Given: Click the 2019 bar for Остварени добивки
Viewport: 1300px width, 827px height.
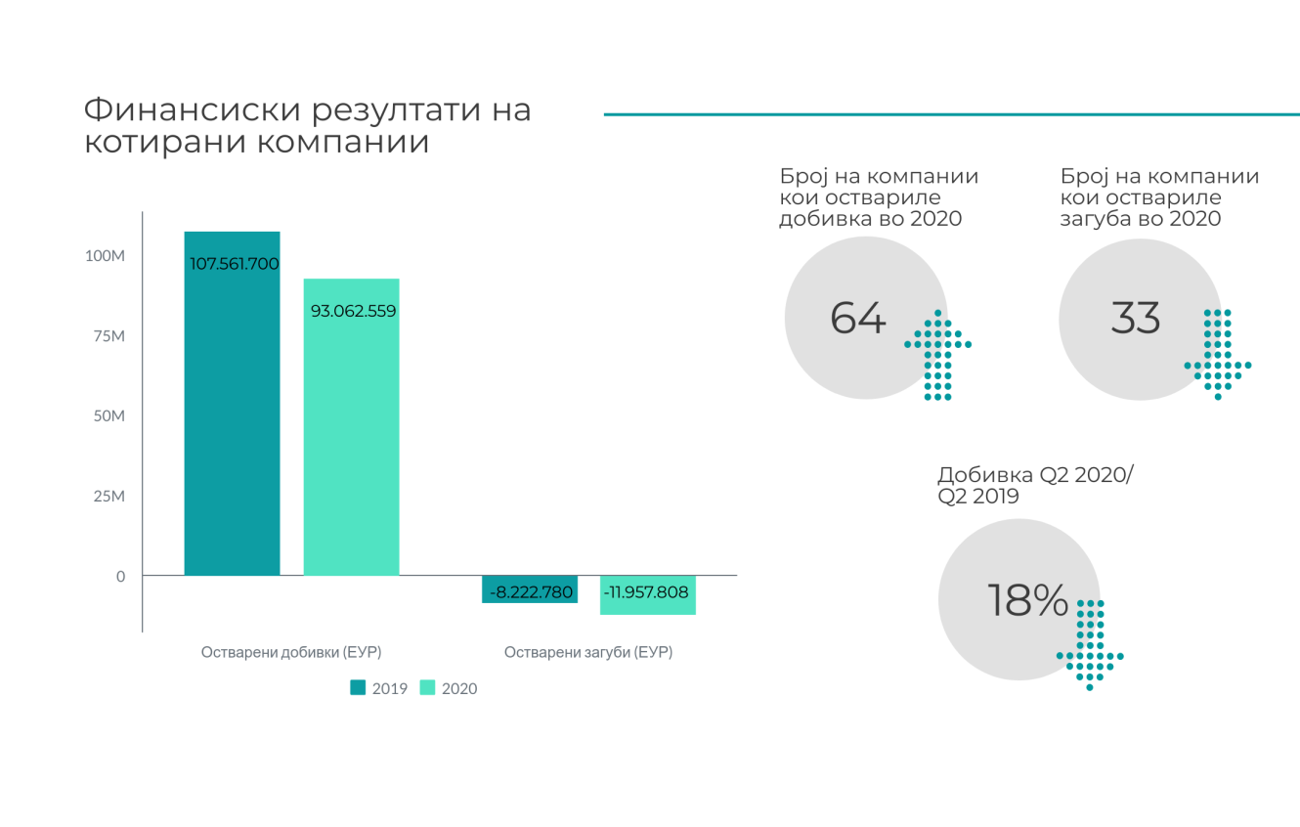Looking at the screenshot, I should coord(232,411).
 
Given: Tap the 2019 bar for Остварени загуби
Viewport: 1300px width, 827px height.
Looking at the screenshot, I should coord(530,589).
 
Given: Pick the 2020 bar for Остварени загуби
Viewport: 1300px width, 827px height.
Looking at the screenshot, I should coord(647,595).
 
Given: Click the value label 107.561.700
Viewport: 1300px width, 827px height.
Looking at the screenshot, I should coord(235,264).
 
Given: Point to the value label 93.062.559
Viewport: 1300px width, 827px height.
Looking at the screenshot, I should coord(353,312).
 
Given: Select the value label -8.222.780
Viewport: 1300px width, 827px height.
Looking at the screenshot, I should coord(531,591).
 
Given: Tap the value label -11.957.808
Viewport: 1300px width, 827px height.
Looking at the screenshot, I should coord(646,591).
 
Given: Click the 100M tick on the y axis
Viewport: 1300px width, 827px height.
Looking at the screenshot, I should coord(106,256).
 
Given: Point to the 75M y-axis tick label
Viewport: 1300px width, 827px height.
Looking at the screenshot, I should coord(109,336).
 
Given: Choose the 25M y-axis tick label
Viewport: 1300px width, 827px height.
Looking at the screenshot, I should coord(109,497).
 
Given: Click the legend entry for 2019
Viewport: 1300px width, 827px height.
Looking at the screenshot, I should coord(379,688).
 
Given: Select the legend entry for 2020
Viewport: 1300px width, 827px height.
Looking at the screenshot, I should coord(449,688).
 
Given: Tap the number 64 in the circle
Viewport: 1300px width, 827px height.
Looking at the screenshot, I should coord(857,318).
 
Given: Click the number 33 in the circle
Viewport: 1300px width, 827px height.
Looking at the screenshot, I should coord(1135,318).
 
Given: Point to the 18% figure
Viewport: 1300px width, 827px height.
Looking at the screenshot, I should coord(1026,600).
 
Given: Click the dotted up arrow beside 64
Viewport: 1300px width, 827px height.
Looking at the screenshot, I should coord(937,355).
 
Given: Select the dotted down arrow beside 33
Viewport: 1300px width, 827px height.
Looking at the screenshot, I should coord(1218,355).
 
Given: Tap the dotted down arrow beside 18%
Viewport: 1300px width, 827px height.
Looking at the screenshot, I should coord(1090,645).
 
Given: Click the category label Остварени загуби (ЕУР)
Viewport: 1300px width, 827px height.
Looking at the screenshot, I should coord(588,652).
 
